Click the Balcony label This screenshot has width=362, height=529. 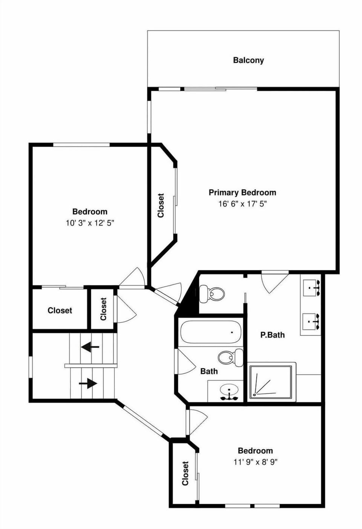pyautogui.click(x=248, y=60)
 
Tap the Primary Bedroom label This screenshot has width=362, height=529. pyautogui.click(x=242, y=193)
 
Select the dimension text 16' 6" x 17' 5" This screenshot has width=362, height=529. pyautogui.click(x=242, y=204)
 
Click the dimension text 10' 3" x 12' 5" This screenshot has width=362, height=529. pyautogui.click(x=90, y=223)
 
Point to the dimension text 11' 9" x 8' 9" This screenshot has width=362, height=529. pyautogui.click(x=255, y=462)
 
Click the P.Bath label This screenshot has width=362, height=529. pyautogui.click(x=272, y=335)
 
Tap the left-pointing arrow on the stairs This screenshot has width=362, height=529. pyautogui.click(x=90, y=346)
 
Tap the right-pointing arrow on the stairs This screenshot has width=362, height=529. pyautogui.click(x=88, y=384)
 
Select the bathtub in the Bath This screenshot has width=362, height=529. pyautogui.click(x=210, y=332)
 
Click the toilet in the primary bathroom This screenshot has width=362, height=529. pyautogui.click(x=212, y=293)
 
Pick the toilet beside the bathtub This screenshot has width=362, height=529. pyautogui.click(x=230, y=357)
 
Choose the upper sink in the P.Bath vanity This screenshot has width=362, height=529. pyautogui.click(x=311, y=288)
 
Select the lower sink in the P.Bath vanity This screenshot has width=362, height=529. pyautogui.click(x=311, y=321)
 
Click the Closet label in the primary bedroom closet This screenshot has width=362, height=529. pyautogui.click(x=161, y=205)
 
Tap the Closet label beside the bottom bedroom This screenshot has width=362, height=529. pyautogui.click(x=185, y=473)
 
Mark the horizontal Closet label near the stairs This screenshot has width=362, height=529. pyautogui.click(x=60, y=310)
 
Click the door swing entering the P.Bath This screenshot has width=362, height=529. pyautogui.click(x=275, y=281)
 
